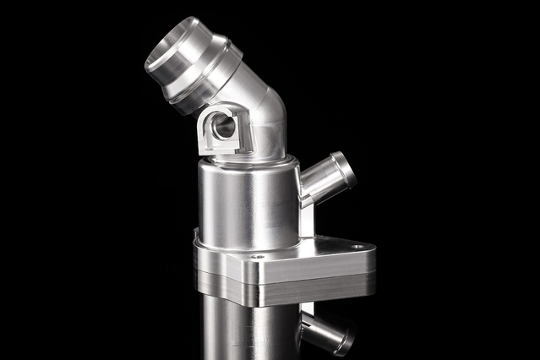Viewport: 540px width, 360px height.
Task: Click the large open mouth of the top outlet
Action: pyautogui.click(x=166, y=52)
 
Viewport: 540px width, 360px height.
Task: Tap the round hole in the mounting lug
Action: pyautogui.click(x=224, y=127)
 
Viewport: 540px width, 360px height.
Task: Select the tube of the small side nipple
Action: pyautogui.click(x=319, y=183)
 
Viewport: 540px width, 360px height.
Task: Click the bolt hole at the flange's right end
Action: pyautogui.click(x=357, y=246)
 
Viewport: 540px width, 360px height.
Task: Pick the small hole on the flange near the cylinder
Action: pyautogui.click(x=257, y=256)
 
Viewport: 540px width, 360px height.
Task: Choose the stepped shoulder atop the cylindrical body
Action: pyautogui.click(x=245, y=162)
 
